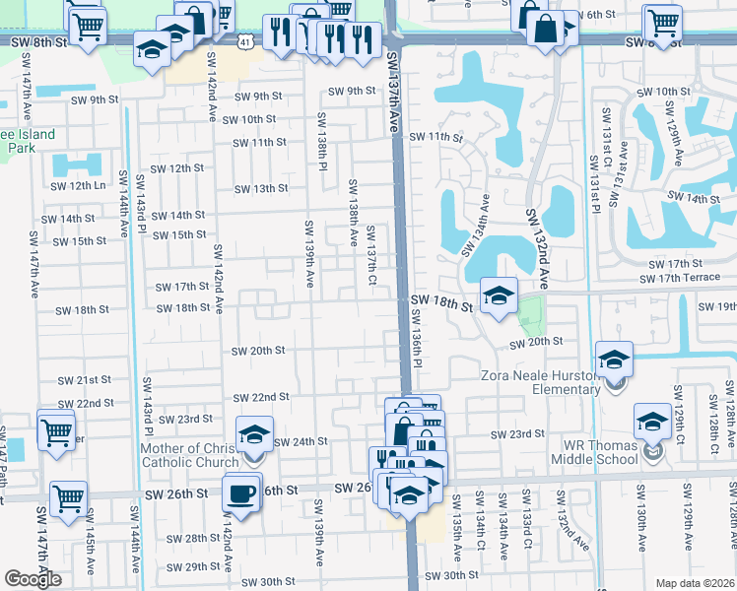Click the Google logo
pos(33,579)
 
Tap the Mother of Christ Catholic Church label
pos(183,456)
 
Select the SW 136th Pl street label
pos(416,339)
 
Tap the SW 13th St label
pos(260,189)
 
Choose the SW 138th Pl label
pos(321,140)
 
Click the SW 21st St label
pos(84,380)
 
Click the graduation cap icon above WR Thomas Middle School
pos(652,422)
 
